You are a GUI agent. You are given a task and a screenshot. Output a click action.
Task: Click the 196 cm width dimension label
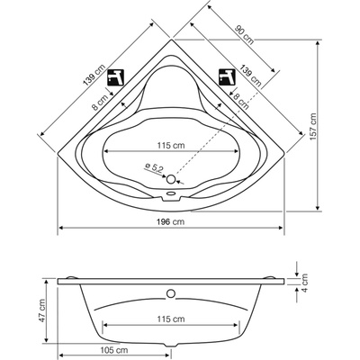point(170,221)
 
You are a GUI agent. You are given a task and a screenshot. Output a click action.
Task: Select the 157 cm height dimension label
point(313,127)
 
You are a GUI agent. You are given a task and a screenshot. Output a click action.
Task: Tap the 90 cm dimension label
point(244,35)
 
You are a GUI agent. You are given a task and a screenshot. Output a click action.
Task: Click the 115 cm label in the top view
point(171,146)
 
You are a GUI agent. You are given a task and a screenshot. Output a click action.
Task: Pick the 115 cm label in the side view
point(171,319)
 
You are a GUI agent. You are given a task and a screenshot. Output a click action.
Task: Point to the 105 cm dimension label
point(113,350)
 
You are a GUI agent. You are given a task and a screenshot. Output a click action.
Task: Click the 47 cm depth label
point(41,310)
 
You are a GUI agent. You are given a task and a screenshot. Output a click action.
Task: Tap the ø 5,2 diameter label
point(154,167)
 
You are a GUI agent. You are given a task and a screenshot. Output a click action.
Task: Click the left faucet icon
point(116,77)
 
